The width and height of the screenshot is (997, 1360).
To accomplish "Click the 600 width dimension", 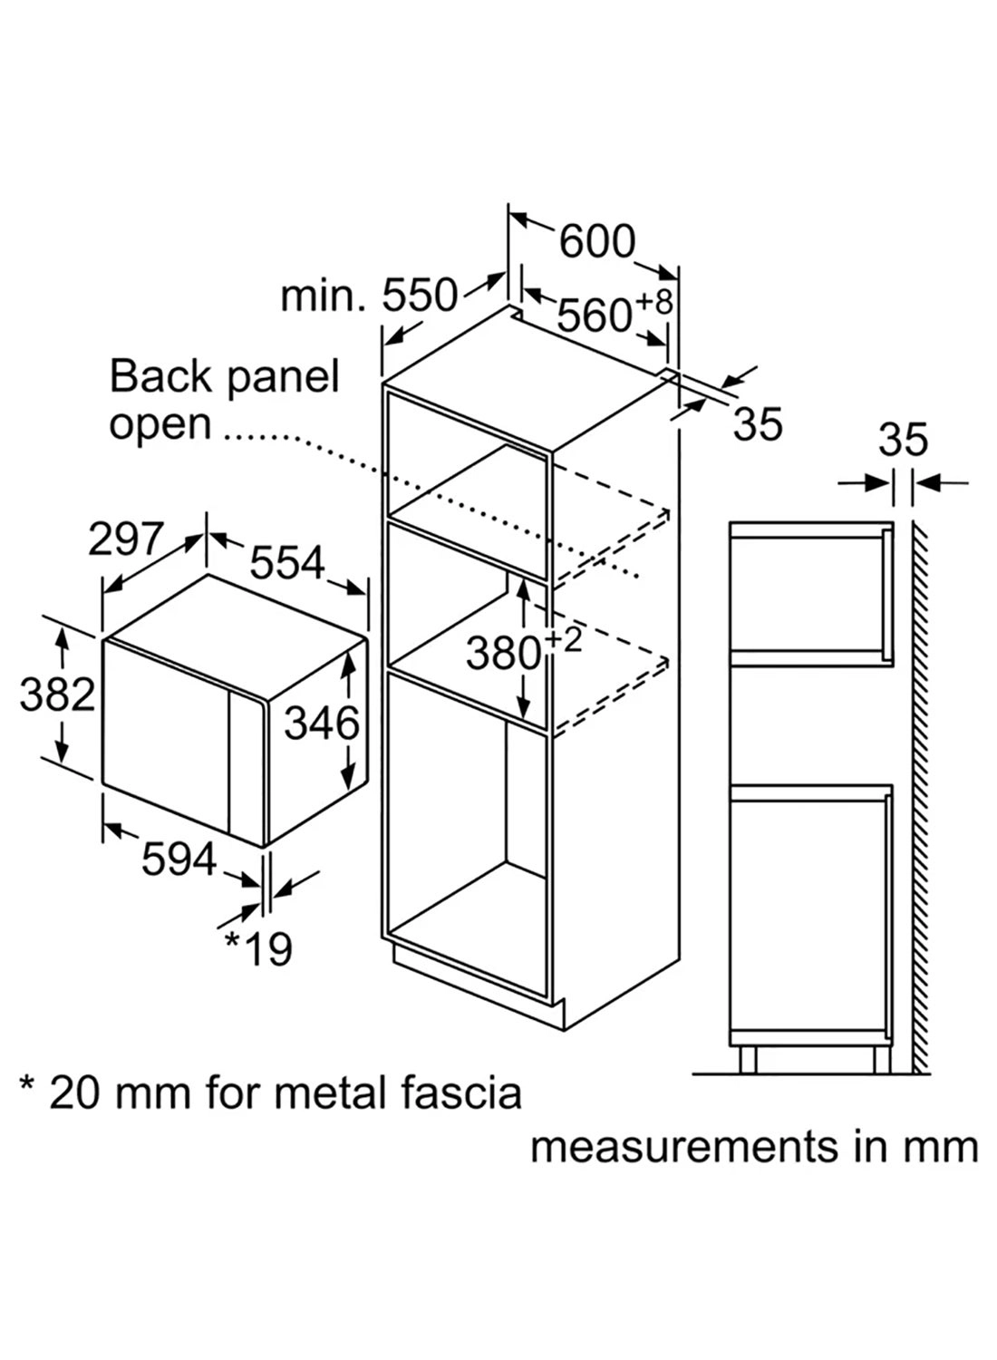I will [x=596, y=241].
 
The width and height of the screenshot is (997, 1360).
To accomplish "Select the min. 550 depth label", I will [x=368, y=296].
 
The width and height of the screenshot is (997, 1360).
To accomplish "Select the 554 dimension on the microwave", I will [x=286, y=563].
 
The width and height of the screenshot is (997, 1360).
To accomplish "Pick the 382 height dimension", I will [x=57, y=695].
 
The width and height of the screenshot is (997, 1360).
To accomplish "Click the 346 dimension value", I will [x=322, y=723].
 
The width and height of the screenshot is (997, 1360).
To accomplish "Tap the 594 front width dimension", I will [x=179, y=860].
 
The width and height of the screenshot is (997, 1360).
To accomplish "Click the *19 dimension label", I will [x=258, y=948].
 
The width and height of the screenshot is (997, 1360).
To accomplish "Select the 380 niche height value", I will [x=503, y=652].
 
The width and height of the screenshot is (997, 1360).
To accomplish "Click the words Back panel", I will [x=224, y=376].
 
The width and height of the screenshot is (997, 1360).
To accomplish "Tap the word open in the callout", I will [x=160, y=424].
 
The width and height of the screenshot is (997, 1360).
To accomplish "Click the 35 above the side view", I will [x=903, y=440].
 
